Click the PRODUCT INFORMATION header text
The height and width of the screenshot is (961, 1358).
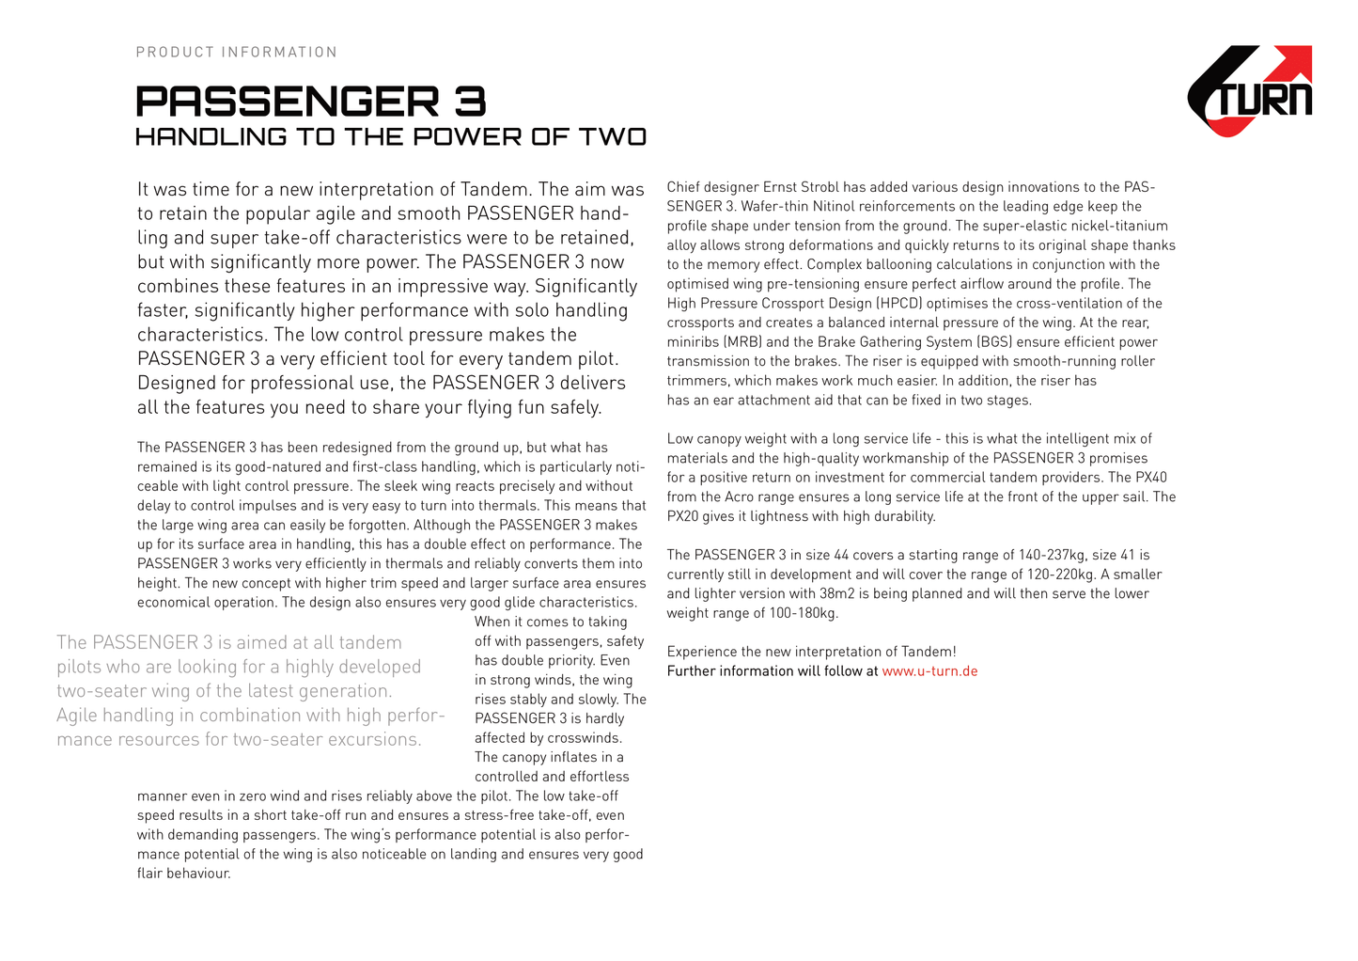236,52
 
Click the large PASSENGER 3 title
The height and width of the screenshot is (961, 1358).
311,102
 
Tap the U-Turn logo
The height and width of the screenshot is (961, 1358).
1250,91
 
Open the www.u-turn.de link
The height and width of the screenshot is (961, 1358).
929,671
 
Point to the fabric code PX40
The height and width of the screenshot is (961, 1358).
1150,478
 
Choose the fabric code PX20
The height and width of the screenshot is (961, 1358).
683,516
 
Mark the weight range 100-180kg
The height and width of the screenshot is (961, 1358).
799,613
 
